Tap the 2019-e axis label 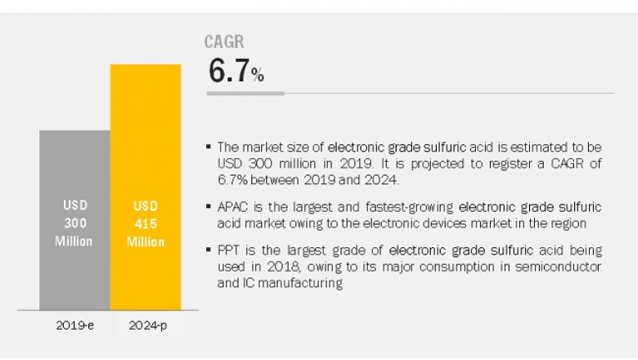pos(74,324)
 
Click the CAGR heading pos(225,43)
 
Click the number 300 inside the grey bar pos(74,223)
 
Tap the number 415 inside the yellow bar pos(145,223)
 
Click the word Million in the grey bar pos(74,241)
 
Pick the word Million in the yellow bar pos(145,241)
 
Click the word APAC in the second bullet pos(232,207)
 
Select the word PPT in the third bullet pos(228,250)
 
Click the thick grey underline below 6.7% pos(245,93)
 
